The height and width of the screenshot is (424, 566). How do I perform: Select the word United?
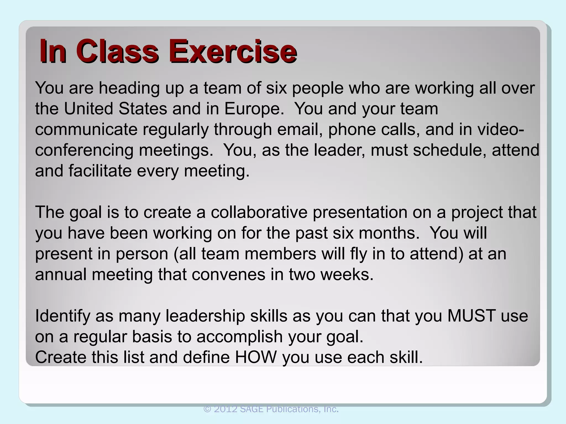click(x=89, y=108)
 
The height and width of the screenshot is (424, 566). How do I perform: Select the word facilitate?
click(x=100, y=171)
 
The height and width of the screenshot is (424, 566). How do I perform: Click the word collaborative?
click(x=259, y=212)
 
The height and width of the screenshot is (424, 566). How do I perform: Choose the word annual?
click(x=61, y=274)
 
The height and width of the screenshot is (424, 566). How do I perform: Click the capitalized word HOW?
click(x=256, y=357)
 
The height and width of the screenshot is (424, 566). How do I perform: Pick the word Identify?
click(x=63, y=316)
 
